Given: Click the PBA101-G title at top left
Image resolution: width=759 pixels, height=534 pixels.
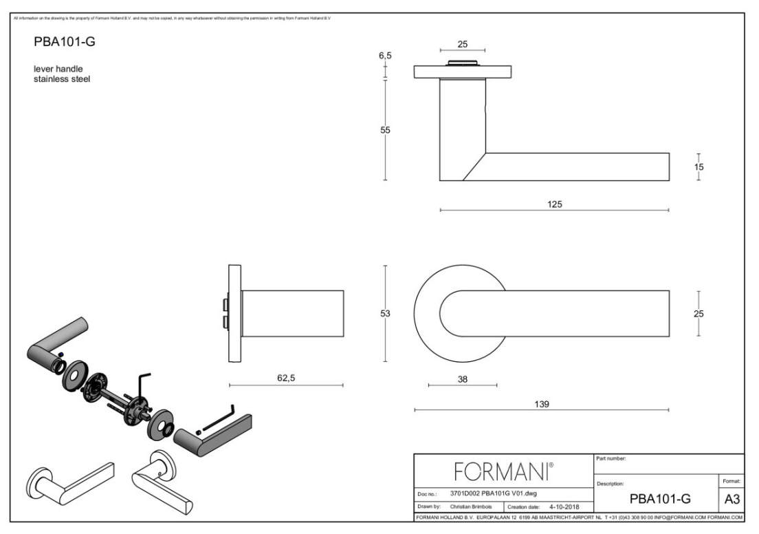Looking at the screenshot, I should pos(64,43).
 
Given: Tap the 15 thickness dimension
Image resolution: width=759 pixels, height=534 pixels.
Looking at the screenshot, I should pos(699,167).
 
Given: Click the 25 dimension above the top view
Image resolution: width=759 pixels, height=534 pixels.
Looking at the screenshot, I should pos(463,43).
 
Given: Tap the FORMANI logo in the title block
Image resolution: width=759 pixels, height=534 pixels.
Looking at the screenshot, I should pos(503,473).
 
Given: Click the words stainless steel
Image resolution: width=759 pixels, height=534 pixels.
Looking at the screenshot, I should pos(63,79).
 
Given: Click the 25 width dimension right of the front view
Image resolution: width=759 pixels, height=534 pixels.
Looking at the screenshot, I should pos(699,314).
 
